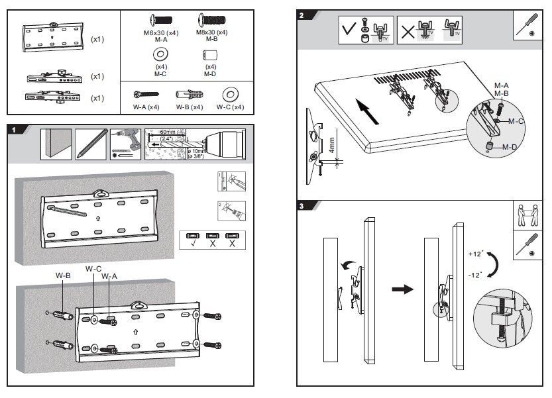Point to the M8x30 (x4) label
coord(212,32)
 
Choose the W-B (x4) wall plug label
coord(190,107)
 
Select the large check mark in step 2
coord(349,30)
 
